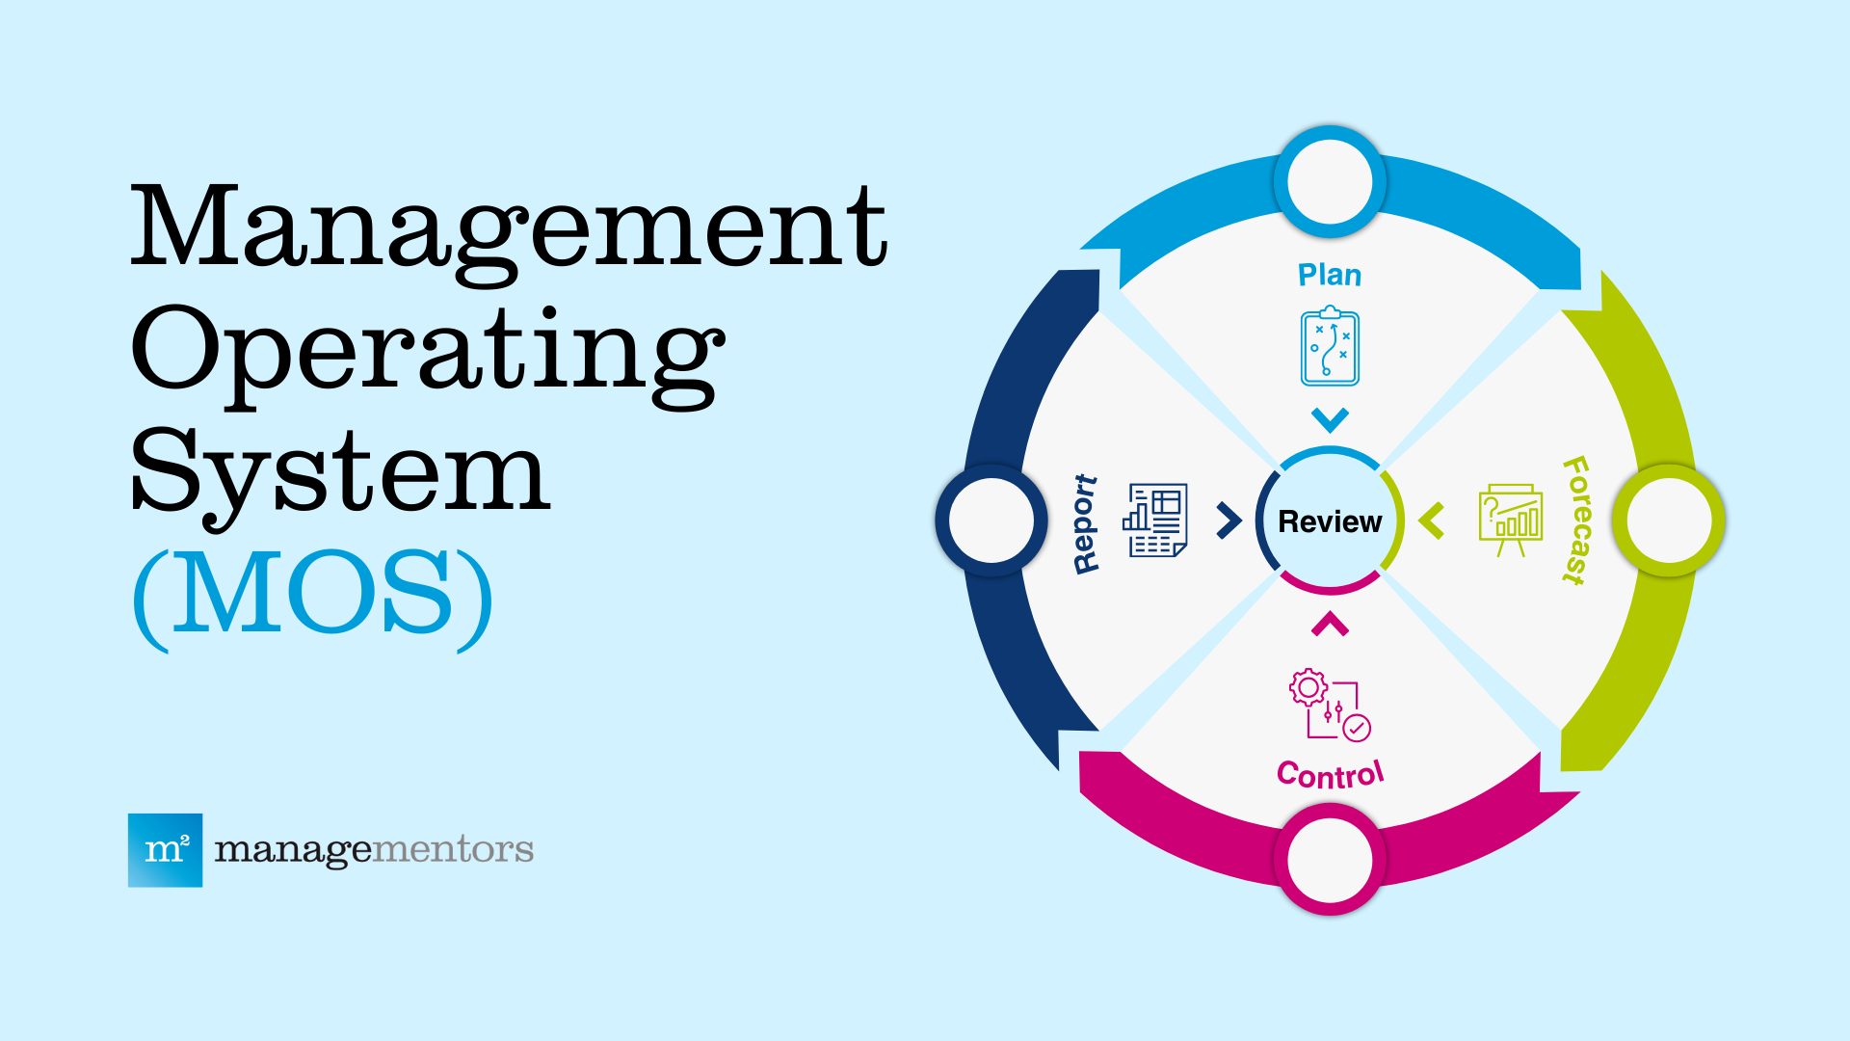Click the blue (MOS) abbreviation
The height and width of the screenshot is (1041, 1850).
(x=313, y=595)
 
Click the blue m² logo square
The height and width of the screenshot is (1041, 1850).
(x=165, y=850)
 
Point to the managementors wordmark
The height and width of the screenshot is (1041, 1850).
(x=374, y=850)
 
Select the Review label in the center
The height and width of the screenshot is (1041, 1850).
(x=1330, y=521)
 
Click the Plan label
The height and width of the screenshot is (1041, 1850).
(x=1330, y=276)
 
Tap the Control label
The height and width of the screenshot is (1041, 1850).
(x=1330, y=774)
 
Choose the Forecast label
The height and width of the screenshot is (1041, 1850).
(x=1576, y=520)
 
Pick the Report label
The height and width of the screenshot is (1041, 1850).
(x=1085, y=523)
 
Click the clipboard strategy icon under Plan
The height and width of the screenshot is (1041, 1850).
(x=1330, y=347)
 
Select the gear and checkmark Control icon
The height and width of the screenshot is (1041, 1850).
(x=1330, y=705)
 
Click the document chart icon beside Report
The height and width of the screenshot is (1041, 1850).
(x=1154, y=520)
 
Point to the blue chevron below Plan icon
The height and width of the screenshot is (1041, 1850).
(x=1330, y=420)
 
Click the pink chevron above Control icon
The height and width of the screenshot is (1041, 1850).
(x=1330, y=625)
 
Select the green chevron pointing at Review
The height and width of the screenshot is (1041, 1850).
(x=1432, y=520)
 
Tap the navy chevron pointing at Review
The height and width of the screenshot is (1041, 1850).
(x=1229, y=520)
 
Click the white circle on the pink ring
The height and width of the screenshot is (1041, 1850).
(x=1330, y=859)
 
